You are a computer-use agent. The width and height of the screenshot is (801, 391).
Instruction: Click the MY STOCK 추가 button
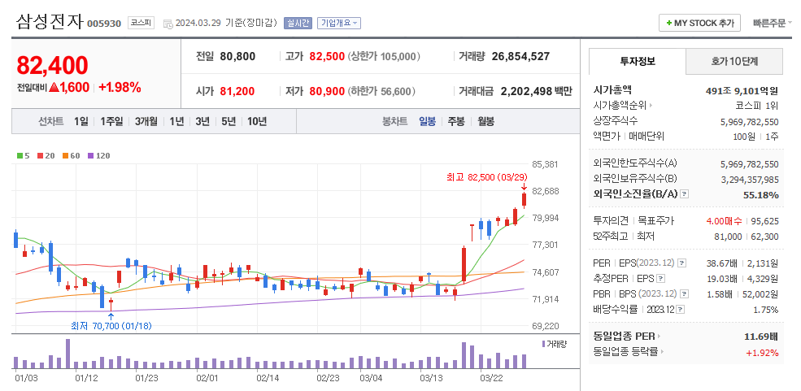[699, 23]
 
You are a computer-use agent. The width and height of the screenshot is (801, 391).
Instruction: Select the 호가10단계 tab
[734, 61]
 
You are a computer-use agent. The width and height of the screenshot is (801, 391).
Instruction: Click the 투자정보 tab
[637, 61]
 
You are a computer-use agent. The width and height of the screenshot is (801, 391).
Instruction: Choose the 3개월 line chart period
[146, 121]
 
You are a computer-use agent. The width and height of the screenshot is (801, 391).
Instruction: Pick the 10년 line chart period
[256, 121]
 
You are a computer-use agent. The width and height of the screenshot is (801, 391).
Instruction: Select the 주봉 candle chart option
[455, 121]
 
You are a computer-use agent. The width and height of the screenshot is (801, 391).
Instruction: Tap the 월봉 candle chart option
[485, 121]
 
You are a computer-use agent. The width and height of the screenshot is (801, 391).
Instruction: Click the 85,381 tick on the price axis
[545, 164]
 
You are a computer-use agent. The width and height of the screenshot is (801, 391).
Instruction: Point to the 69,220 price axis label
[545, 326]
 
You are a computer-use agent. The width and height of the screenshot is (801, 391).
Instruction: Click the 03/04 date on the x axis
[371, 378]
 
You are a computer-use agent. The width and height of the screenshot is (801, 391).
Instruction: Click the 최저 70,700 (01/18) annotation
[111, 326]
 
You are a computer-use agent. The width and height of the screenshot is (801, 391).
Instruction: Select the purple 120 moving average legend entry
[99, 155]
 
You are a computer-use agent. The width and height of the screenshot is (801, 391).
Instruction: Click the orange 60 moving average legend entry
[73, 155]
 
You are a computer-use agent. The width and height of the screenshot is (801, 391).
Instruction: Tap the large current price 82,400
[52, 65]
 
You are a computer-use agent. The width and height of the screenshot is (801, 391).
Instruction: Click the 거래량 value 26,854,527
[520, 56]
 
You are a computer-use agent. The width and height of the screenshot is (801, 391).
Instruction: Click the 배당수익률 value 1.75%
[765, 310]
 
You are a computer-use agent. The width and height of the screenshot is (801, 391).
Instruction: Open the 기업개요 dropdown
[339, 23]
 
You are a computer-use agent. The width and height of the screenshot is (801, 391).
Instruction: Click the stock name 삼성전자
[49, 22]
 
